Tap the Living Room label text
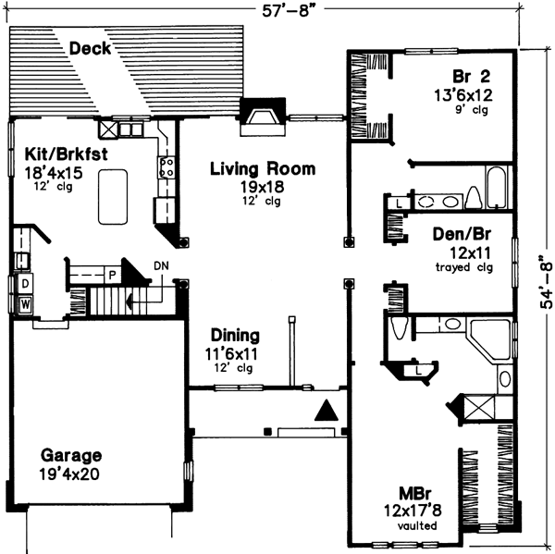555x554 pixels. [x=262, y=169]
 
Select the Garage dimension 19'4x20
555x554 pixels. [x=70, y=475]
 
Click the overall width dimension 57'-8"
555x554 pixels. [x=288, y=11]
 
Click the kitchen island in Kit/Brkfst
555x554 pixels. [x=116, y=196]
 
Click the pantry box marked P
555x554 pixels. [x=110, y=275]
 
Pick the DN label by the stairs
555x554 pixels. [x=162, y=266]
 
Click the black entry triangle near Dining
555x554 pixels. [x=326, y=411]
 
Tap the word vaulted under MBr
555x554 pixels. [x=411, y=525]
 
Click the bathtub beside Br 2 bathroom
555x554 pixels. [x=496, y=188]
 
